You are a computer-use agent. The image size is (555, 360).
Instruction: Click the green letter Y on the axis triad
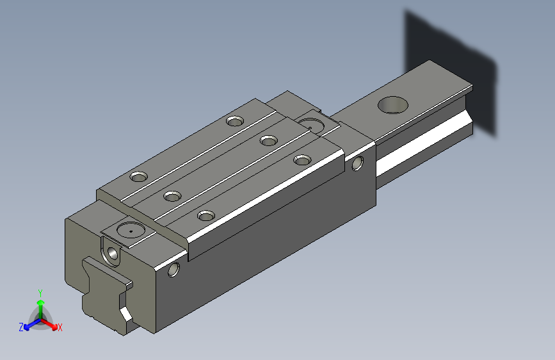point(40,293)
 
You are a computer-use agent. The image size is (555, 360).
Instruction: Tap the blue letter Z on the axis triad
point(21,327)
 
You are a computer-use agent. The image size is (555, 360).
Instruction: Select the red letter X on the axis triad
point(60,327)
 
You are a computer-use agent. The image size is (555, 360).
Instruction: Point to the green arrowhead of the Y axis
point(41,303)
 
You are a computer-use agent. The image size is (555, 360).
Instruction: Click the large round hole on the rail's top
point(393,105)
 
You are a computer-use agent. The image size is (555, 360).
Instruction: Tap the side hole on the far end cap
point(357,163)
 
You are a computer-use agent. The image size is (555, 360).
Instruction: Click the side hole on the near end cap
point(173,269)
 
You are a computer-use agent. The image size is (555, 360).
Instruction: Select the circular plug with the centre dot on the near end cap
point(131,231)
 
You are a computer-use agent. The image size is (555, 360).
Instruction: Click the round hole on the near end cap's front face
point(112,254)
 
